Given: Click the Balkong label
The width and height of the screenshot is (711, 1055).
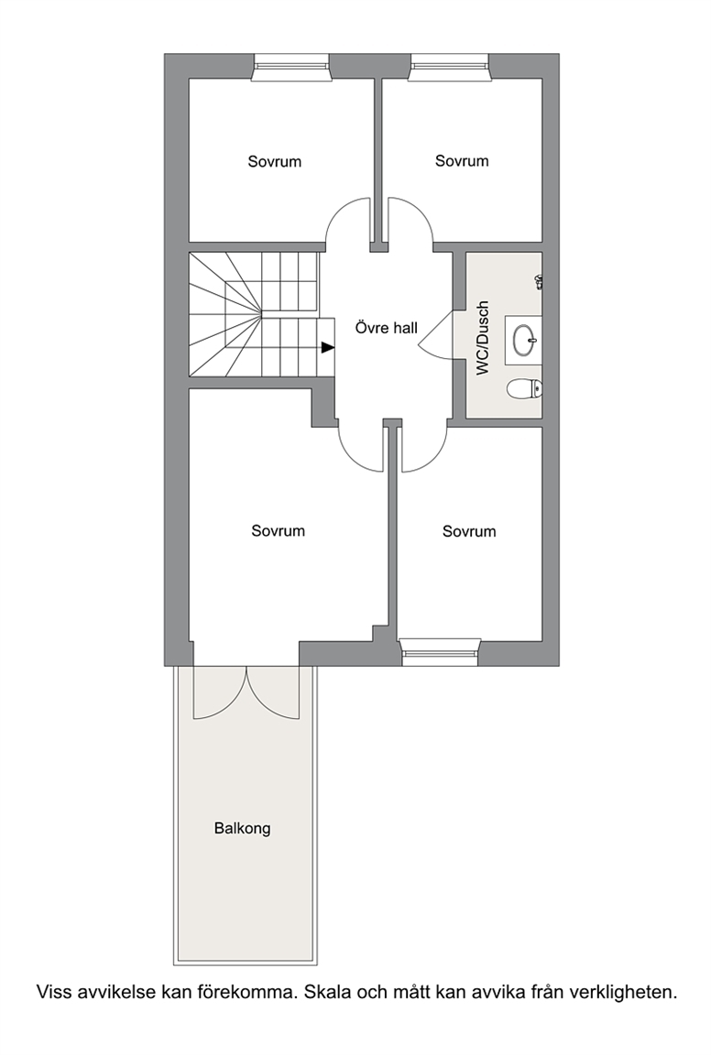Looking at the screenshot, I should click(x=242, y=829).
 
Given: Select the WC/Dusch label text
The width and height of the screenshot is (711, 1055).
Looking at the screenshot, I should click(x=482, y=338).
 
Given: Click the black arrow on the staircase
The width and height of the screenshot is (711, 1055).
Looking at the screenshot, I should click(x=327, y=347).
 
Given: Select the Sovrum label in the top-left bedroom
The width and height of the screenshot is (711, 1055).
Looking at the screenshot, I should click(x=274, y=162).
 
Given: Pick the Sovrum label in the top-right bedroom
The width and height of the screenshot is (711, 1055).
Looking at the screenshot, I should click(x=462, y=161).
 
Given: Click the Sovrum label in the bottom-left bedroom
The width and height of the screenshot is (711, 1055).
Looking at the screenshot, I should click(x=278, y=531).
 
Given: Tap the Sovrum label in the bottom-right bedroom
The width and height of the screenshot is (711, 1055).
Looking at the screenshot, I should click(x=469, y=532).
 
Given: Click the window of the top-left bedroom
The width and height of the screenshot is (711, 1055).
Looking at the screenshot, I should click(x=290, y=66).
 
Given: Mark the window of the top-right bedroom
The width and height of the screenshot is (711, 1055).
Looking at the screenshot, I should click(x=449, y=66).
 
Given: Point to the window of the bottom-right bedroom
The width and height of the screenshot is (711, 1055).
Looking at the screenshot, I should click(x=440, y=651).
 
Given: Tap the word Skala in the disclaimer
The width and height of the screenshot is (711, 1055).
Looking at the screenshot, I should click(x=327, y=992).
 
